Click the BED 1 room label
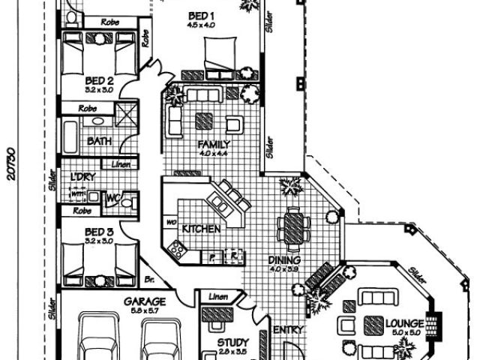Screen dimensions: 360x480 [x=202, y=16]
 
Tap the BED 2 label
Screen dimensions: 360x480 [x=99, y=80]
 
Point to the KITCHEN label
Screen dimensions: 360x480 [x=202, y=228]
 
